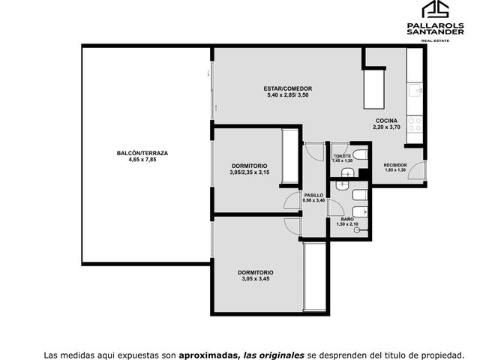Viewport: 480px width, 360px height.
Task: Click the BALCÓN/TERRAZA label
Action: [x=142, y=153]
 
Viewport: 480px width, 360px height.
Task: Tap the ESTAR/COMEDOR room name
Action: [x=288, y=88]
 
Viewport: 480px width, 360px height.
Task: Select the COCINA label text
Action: [x=386, y=121]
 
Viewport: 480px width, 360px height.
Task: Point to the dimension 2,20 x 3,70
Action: [x=386, y=127]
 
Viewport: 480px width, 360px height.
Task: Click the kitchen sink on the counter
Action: [x=415, y=91]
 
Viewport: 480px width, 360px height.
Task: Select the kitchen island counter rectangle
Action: [x=373, y=89]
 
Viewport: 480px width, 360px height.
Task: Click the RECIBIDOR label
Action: [x=395, y=165]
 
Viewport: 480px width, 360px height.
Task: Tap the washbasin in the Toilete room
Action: [x=347, y=172]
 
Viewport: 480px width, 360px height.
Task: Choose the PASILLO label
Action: [x=313, y=195]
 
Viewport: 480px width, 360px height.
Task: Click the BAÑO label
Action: [x=347, y=219]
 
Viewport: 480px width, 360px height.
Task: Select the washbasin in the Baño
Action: [x=342, y=185]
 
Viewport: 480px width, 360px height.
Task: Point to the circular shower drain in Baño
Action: [x=356, y=230]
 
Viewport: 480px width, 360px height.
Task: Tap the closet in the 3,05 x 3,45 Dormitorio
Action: [x=314, y=277]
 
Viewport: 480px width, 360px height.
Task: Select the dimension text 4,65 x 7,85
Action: [x=142, y=160]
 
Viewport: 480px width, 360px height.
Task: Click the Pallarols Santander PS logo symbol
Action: [x=435, y=9]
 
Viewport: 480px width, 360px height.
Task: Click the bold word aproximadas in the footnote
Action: [x=208, y=355]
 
